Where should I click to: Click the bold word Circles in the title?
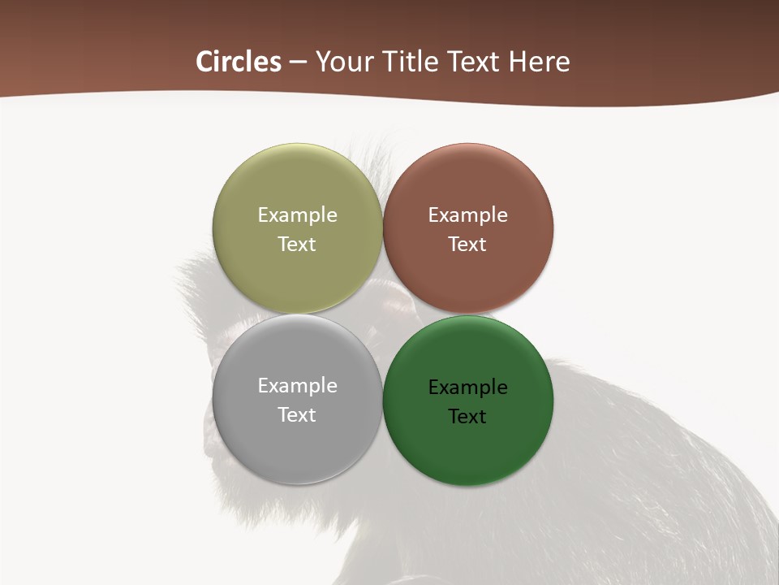[x=239, y=62]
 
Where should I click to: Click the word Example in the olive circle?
[x=297, y=215]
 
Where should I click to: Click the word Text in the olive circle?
[x=297, y=245]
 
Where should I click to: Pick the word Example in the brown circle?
[x=467, y=215]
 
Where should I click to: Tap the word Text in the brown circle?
[x=467, y=245]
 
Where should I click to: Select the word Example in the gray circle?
[x=297, y=386]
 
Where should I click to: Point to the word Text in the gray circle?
[x=297, y=415]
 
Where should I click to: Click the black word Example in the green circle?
[x=467, y=388]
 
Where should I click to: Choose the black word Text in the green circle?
[x=467, y=417]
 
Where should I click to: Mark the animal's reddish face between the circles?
[x=396, y=310]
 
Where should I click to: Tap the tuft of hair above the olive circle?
[x=369, y=158]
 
